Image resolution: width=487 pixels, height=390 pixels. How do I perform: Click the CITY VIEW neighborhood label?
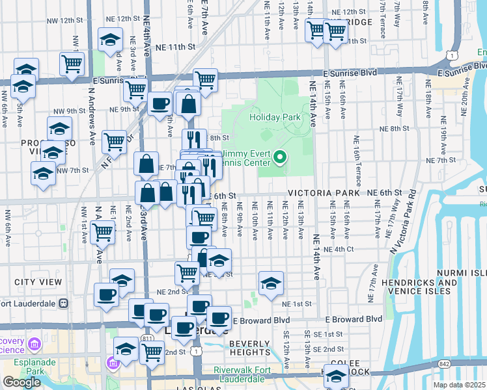(38, 282)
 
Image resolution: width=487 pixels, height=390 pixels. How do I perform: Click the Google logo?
(21, 382)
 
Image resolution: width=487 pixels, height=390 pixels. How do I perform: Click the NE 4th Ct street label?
(342, 249)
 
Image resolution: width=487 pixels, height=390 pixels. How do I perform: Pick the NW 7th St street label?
(72, 170)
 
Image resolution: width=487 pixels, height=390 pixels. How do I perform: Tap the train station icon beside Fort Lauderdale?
(64, 303)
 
